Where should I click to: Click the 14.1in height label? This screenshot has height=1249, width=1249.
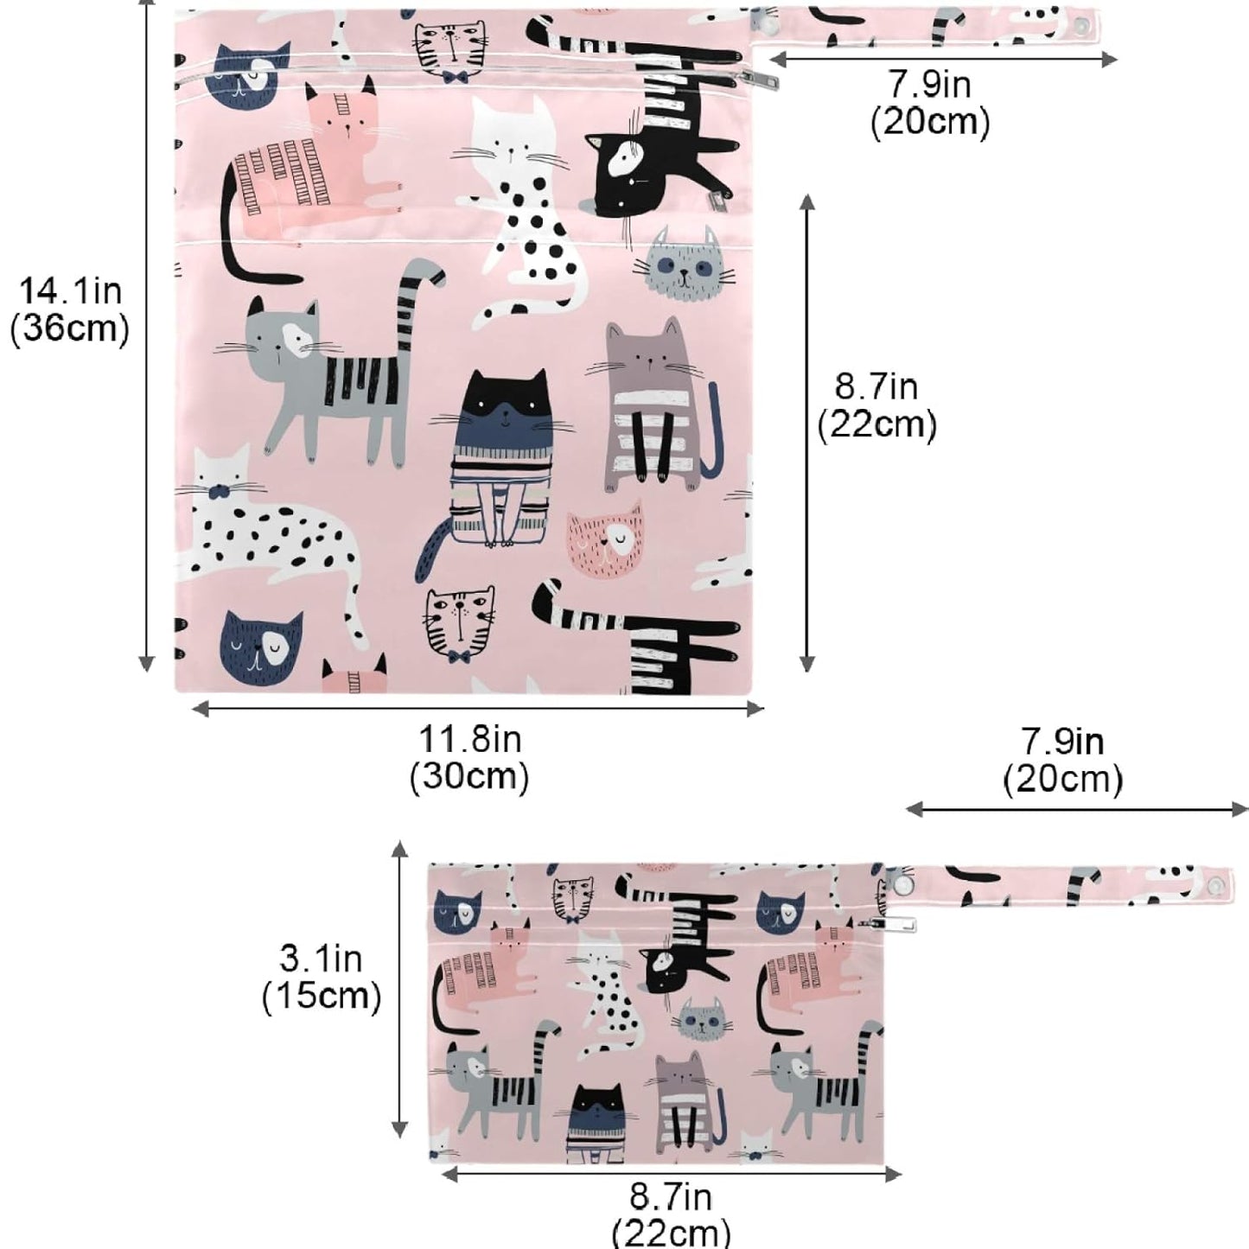70,291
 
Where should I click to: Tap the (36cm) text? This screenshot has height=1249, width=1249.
70,329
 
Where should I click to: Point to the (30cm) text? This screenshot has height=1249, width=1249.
469,776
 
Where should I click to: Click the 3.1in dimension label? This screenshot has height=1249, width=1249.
321,959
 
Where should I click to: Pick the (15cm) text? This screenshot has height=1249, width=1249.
321,996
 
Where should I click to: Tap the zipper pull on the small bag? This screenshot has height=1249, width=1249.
894,924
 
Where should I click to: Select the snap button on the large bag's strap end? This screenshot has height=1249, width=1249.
1083,24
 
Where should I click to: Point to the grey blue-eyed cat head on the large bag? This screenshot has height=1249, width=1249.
684,265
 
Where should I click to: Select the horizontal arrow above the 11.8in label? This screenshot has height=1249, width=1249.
478,709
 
